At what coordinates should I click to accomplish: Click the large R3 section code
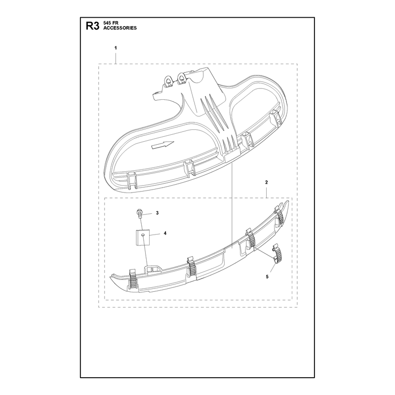pos(93,26)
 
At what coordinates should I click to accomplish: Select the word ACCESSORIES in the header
pos(120,28)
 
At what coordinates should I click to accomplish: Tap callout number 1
pos(116,48)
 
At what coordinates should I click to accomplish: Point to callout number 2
pos(267,182)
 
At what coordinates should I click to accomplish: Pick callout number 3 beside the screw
pos(157,213)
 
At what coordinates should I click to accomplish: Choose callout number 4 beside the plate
pos(165,234)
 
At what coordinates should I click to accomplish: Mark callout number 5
pos(267,277)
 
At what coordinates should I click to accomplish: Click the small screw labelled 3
pos(139,213)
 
